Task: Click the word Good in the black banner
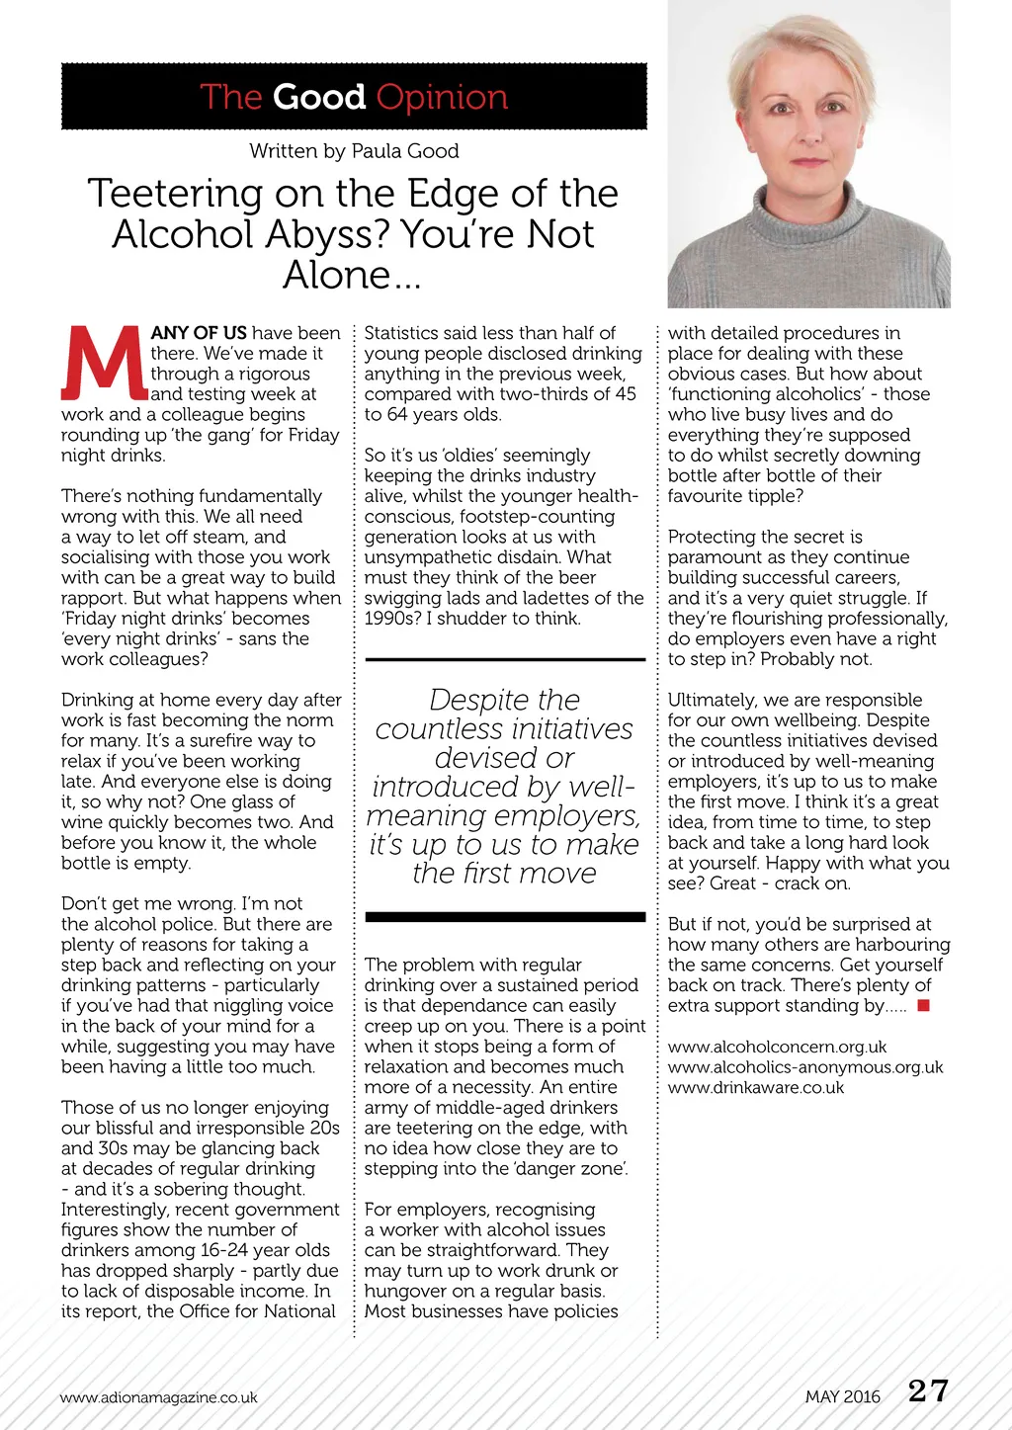(x=318, y=97)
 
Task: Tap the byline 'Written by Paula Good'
(x=354, y=151)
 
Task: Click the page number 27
(x=928, y=1391)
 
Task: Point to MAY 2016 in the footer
(x=842, y=1396)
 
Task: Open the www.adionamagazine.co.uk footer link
(x=158, y=1397)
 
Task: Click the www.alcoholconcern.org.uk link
(x=777, y=1047)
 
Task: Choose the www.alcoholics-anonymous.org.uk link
(x=805, y=1067)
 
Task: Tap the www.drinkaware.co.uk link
(x=756, y=1088)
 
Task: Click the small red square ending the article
(x=923, y=1006)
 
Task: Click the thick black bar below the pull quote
(x=505, y=917)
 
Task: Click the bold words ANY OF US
(x=199, y=333)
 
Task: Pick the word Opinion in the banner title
(x=442, y=97)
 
